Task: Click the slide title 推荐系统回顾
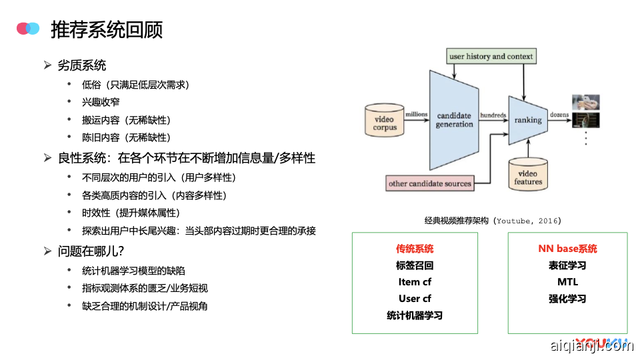tap(107, 29)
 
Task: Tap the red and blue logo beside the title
tap(28, 28)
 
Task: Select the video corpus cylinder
tap(385, 121)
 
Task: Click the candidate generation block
tap(453, 120)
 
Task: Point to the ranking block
tap(528, 120)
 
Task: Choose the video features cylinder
tap(528, 175)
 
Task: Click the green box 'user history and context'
tap(491, 57)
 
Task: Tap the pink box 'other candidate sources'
tap(430, 183)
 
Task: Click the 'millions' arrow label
tap(417, 115)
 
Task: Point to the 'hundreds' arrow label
tap(493, 115)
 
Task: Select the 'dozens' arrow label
tap(559, 115)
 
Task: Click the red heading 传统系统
tap(415, 249)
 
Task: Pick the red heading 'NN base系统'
tap(567, 249)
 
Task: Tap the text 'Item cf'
tap(415, 282)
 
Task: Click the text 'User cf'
tap(415, 299)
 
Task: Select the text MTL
tap(567, 282)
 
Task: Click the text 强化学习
tap(567, 299)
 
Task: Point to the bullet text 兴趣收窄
tap(101, 102)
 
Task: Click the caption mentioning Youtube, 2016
tap(493, 221)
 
